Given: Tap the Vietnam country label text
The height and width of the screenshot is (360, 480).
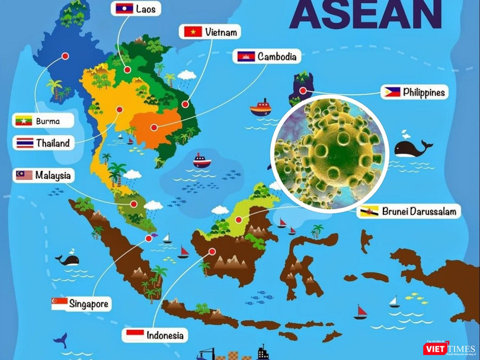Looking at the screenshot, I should pyautogui.click(x=222, y=32).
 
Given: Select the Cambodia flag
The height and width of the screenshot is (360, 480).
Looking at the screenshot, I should pyautogui.click(x=246, y=57).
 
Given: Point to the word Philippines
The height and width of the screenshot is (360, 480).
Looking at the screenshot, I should pyautogui.click(x=423, y=92).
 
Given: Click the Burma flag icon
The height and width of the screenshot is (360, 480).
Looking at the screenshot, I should pyautogui.click(x=24, y=121).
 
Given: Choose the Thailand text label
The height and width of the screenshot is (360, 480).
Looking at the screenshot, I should pyautogui.click(x=53, y=143).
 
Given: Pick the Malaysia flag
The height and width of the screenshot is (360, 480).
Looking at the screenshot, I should pyautogui.click(x=24, y=175).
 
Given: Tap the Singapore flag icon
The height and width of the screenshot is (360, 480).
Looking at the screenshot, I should pyautogui.click(x=59, y=304).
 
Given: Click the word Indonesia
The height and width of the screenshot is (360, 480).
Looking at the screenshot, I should pyautogui.click(x=165, y=335).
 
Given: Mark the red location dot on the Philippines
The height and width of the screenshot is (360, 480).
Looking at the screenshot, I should pyautogui.click(x=303, y=91).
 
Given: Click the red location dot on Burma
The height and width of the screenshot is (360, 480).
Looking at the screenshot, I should pyautogui.click(x=65, y=56).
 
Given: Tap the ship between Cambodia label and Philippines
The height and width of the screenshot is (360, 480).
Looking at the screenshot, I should pyautogui.click(x=260, y=107).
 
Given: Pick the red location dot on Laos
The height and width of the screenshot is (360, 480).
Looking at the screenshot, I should pyautogui.click(x=126, y=69).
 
